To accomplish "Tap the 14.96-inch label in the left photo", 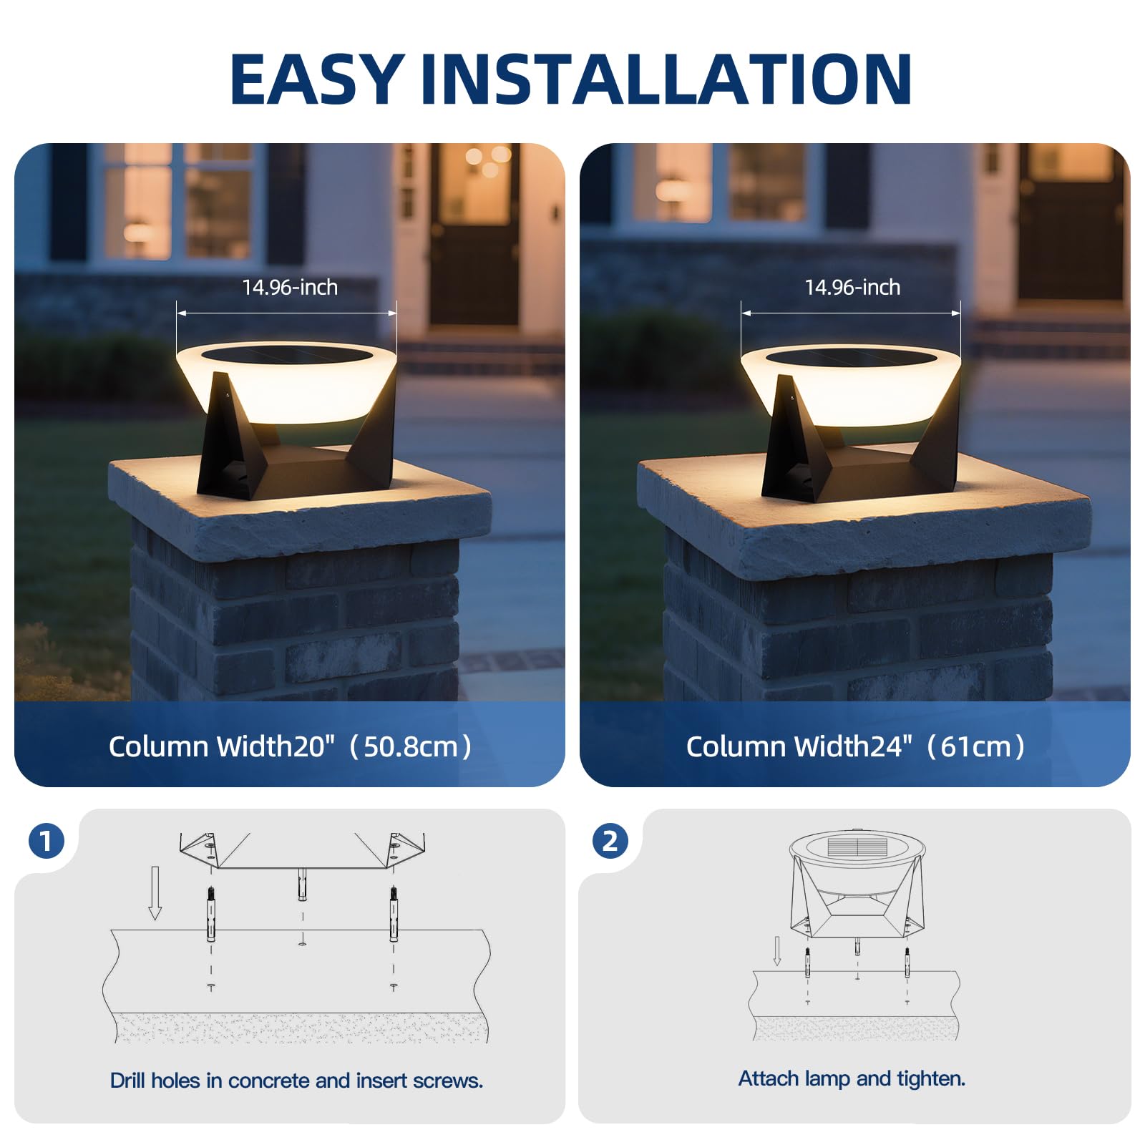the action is point(290,288).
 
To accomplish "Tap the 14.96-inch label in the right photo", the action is point(852,288).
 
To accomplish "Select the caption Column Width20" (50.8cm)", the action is point(291,746).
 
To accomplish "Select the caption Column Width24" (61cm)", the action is point(856,746).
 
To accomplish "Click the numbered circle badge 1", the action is point(47,841).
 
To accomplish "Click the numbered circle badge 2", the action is point(610,841).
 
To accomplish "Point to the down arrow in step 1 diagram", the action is point(155,893).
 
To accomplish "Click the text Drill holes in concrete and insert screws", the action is point(296,1081).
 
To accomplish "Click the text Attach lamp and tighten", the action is point(852,1078).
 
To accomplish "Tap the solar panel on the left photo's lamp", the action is point(287,354).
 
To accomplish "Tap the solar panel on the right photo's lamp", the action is point(852,356).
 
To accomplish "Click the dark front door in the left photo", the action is point(474,233).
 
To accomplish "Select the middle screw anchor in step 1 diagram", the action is point(302,885).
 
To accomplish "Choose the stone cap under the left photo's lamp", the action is point(300,505).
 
